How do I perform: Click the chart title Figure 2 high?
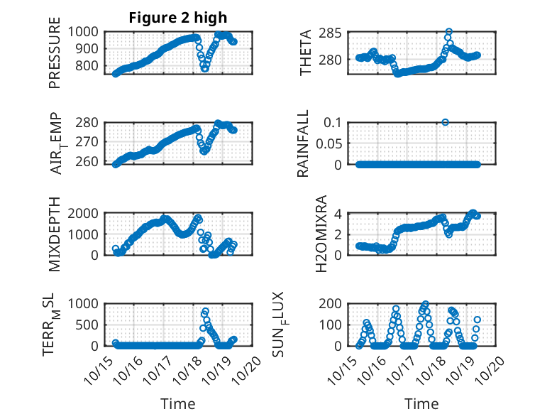[x=177, y=18]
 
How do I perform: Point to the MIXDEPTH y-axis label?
[x=55, y=234]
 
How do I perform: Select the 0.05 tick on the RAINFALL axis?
[x=329, y=143]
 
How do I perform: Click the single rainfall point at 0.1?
[x=446, y=122]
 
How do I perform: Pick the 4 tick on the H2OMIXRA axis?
[x=339, y=213]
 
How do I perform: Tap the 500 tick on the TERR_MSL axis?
[x=90, y=325]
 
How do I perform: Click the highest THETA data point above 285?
[x=449, y=32]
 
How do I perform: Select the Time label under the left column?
[x=177, y=403]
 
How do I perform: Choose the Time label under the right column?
[x=422, y=403]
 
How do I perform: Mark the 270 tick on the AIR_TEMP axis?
[x=90, y=142]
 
